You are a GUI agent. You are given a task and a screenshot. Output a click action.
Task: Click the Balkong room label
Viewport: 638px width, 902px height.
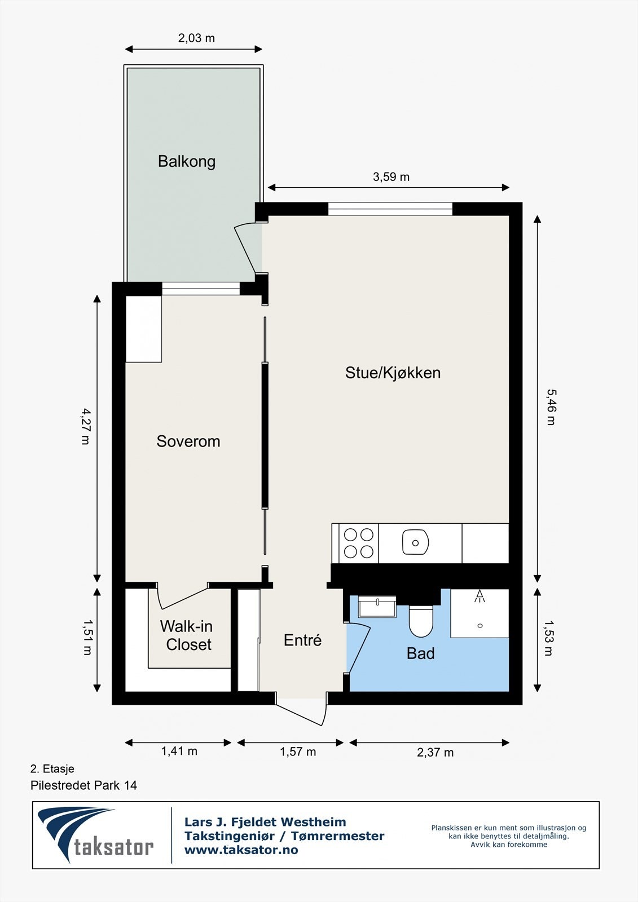point(186,162)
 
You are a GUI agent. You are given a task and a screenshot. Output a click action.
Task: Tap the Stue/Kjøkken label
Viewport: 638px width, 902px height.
point(393,373)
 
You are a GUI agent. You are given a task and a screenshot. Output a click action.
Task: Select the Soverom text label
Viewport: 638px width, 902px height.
point(188,441)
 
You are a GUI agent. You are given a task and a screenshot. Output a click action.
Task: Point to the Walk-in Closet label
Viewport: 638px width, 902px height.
point(187,635)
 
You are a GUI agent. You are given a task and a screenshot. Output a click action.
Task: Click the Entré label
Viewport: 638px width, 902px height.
point(302,640)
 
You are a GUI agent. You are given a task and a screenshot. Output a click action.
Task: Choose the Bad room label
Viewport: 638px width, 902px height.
point(420,653)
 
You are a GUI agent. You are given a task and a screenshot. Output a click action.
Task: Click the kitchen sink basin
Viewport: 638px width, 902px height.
point(415,543)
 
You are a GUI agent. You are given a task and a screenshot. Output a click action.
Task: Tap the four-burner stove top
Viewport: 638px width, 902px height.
point(359,543)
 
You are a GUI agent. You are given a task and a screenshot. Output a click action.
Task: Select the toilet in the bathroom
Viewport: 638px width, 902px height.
point(420,620)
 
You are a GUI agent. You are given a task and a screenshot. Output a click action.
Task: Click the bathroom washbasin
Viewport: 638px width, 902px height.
point(377,608)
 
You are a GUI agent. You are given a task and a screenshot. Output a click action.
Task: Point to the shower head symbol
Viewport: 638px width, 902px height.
point(479,596)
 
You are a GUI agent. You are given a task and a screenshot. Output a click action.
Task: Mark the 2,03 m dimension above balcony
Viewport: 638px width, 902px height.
point(196,38)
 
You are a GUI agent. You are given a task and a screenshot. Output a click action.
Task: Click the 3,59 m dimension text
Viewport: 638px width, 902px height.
point(391,177)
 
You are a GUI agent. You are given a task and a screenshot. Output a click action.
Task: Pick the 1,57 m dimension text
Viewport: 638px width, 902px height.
point(298,751)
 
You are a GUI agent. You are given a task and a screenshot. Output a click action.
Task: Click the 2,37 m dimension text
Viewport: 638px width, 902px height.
point(435,752)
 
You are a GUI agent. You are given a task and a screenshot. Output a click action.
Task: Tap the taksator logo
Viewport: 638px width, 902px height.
point(96,835)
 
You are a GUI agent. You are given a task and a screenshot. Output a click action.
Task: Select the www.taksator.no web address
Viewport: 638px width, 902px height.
point(241,850)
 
